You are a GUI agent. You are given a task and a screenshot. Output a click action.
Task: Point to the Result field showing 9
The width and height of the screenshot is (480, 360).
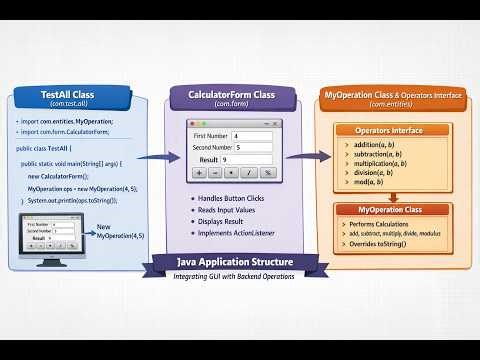click(x=250, y=160)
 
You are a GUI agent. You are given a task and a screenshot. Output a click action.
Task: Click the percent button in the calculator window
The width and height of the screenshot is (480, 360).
click(x=269, y=173)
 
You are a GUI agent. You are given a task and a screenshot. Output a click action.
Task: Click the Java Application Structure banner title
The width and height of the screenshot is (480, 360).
click(x=237, y=263)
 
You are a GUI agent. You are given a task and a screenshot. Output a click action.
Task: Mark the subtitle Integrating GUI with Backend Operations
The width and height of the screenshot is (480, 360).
click(x=237, y=276)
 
